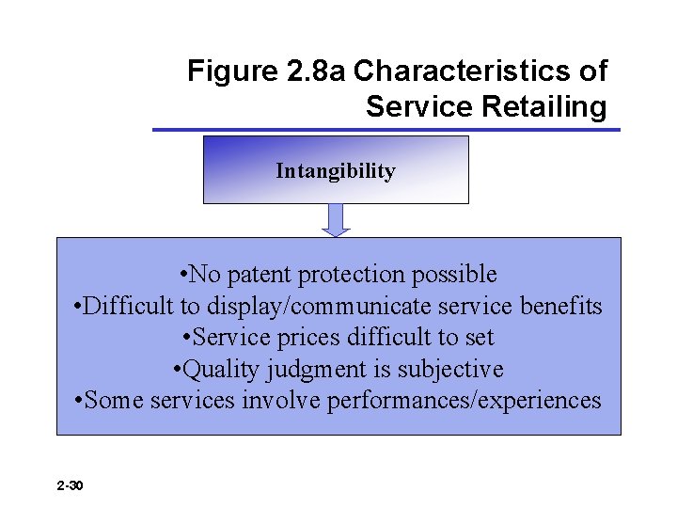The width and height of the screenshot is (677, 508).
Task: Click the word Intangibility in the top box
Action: tap(335, 171)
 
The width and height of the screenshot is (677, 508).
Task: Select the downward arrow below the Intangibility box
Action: tap(336, 220)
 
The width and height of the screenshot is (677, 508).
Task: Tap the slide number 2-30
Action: tap(70, 485)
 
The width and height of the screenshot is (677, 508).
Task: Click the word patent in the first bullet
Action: tap(259, 275)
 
